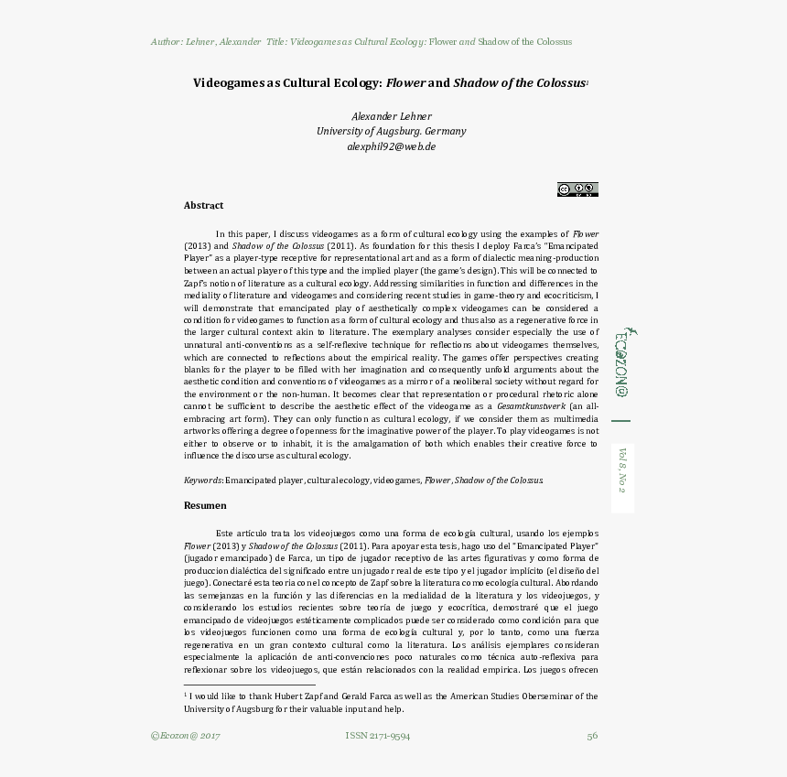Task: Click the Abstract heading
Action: (203, 206)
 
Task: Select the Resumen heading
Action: (205, 505)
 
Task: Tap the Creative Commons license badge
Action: (577, 189)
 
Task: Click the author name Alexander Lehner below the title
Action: (391, 116)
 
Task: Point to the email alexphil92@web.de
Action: (391, 146)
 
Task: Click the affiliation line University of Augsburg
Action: (391, 131)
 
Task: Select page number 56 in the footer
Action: (592, 736)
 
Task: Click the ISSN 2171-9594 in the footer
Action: (377, 736)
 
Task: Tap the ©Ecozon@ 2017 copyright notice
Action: (185, 736)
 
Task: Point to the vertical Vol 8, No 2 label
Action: (622, 469)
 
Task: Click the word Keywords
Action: (202, 480)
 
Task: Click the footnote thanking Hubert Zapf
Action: (391, 702)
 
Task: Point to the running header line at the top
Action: (361, 42)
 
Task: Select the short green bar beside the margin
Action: (621, 421)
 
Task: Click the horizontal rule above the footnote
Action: (249, 685)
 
